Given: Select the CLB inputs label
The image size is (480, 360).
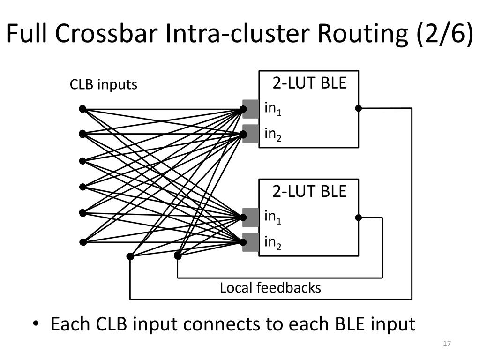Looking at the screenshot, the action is pyautogui.click(x=104, y=84).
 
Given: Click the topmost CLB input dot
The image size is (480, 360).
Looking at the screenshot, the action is pyautogui.click(x=82, y=109).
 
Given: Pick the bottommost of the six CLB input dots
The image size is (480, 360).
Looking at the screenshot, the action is pyautogui.click(x=82, y=242).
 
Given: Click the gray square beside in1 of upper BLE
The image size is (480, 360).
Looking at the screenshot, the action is pyautogui.click(x=251, y=109).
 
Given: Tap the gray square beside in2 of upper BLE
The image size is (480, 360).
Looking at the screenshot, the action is pyautogui.click(x=251, y=134).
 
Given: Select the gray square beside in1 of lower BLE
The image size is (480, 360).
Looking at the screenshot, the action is pyautogui.click(x=251, y=217).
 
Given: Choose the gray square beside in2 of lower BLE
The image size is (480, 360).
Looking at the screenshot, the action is pyautogui.click(x=251, y=242).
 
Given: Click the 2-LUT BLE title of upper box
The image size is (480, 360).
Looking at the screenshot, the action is pyautogui.click(x=309, y=83).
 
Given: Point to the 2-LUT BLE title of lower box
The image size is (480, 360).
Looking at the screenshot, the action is pyautogui.click(x=309, y=191).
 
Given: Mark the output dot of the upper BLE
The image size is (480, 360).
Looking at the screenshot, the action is pyautogui.click(x=359, y=108).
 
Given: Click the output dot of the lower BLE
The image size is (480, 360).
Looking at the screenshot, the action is pyautogui.click(x=359, y=217).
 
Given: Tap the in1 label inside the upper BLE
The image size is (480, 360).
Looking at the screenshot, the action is pyautogui.click(x=273, y=109).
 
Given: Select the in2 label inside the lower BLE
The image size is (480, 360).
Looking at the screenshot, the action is pyautogui.click(x=273, y=243).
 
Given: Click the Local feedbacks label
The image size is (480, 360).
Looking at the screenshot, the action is pyautogui.click(x=270, y=288).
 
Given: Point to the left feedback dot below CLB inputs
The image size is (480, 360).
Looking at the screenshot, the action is pyautogui.click(x=130, y=256).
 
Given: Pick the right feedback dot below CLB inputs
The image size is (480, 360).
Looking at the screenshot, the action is pyautogui.click(x=178, y=255).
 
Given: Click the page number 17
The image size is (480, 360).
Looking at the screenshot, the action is pyautogui.click(x=447, y=344).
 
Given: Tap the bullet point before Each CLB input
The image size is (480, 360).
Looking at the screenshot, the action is pyautogui.click(x=36, y=323).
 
